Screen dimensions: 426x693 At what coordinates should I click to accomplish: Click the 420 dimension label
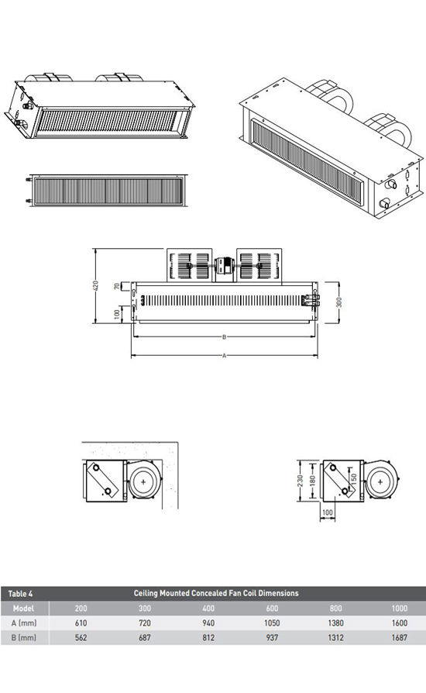click(x=96, y=285)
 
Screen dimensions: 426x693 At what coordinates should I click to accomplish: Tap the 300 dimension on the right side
click(x=339, y=302)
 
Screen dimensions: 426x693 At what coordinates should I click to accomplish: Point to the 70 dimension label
click(x=117, y=286)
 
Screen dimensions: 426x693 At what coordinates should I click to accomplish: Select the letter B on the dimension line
click(x=225, y=337)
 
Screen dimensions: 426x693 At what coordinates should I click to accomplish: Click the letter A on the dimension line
click(x=225, y=355)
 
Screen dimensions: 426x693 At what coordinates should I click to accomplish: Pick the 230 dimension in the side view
click(x=301, y=481)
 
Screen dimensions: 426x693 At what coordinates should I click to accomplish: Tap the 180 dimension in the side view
click(x=313, y=481)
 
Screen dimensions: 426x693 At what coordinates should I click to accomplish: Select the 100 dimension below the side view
click(x=328, y=512)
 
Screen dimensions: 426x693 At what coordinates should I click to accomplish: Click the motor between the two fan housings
click(x=225, y=266)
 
